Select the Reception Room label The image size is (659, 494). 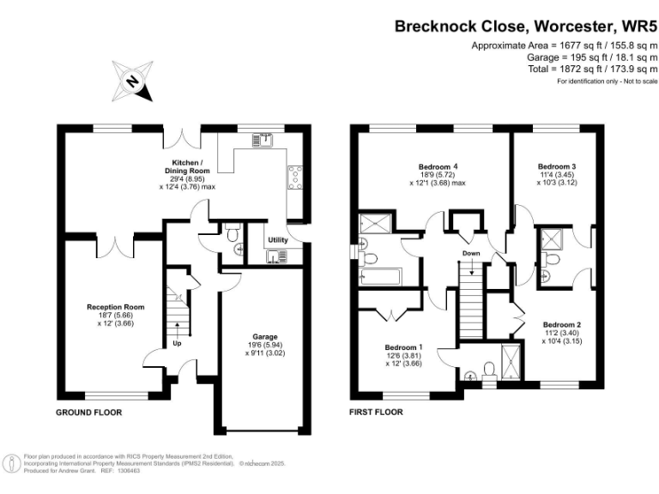(115, 306)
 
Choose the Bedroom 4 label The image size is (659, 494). (438, 166)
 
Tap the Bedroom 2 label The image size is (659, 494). (562, 324)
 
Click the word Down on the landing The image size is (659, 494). (471, 254)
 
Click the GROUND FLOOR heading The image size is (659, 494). (89, 413)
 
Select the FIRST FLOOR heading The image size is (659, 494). (376, 413)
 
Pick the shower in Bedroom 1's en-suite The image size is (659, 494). (511, 358)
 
